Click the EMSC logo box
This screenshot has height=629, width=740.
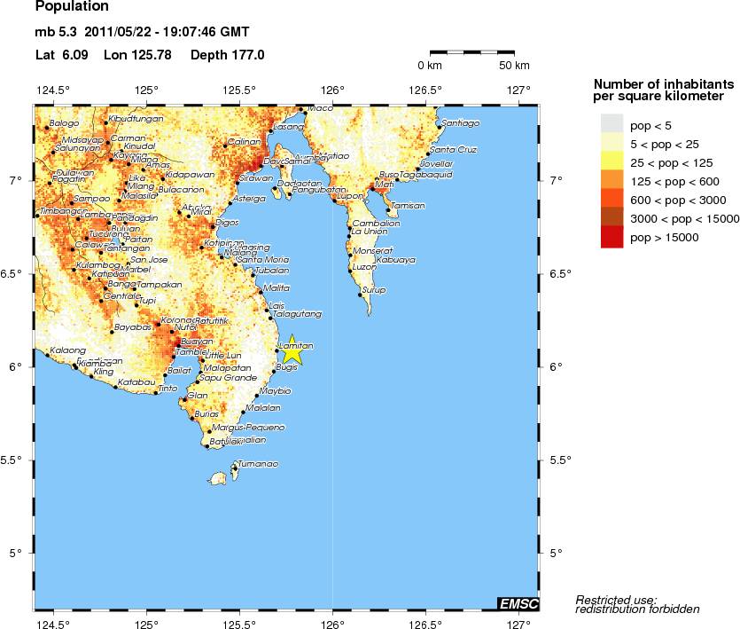(x=518, y=603)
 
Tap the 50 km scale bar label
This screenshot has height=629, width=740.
(x=514, y=66)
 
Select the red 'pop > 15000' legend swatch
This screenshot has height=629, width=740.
(x=612, y=238)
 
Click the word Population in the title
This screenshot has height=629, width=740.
(x=72, y=7)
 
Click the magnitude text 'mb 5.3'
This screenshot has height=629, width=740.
(x=56, y=33)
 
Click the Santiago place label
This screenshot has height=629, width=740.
(x=460, y=122)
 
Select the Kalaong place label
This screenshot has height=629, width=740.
(x=68, y=350)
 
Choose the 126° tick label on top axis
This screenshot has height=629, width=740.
(x=332, y=90)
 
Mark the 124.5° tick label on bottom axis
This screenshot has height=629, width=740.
(x=53, y=622)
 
